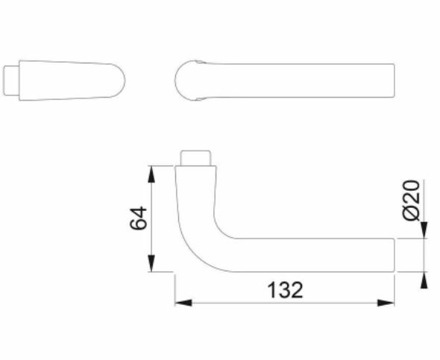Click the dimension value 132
click(x=285, y=290)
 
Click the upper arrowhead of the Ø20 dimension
click(x=424, y=233)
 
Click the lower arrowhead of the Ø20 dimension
click(x=424, y=279)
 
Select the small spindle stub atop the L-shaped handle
click(x=197, y=158)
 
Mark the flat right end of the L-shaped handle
click(x=394, y=255)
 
